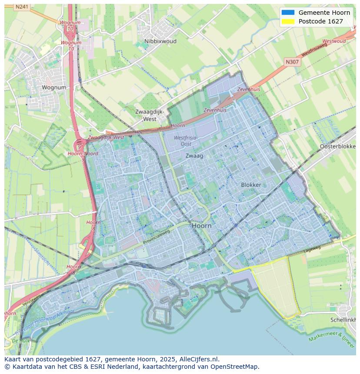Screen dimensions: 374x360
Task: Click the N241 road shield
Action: coord(21,7)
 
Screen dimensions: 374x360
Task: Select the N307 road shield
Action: coord(292,62)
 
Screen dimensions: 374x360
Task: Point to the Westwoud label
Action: coord(334,41)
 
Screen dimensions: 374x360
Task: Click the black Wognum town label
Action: coord(54,87)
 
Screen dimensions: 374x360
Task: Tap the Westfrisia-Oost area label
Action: coord(186,141)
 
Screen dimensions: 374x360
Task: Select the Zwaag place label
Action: coord(194,156)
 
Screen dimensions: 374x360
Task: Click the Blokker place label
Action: coord(251,185)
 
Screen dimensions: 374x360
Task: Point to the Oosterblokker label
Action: coord(338,146)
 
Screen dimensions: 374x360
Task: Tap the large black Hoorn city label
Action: coord(202,226)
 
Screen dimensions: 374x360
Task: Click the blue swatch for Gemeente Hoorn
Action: coord(288,13)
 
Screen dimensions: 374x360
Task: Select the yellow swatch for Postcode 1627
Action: coord(288,21)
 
